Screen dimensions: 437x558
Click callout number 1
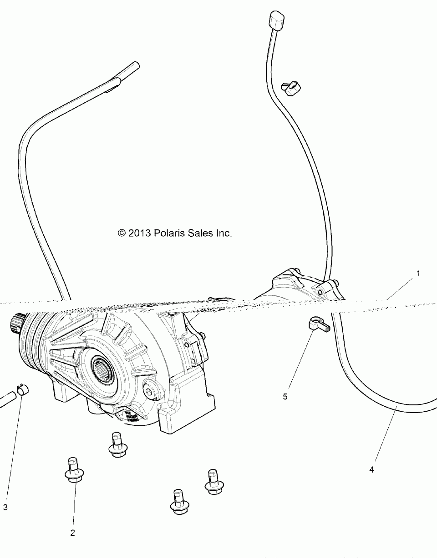418,274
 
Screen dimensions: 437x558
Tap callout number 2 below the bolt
72,533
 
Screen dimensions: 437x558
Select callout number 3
5,507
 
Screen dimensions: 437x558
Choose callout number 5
285,396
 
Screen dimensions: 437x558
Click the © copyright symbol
122,233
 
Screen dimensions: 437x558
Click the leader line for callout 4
385,437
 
